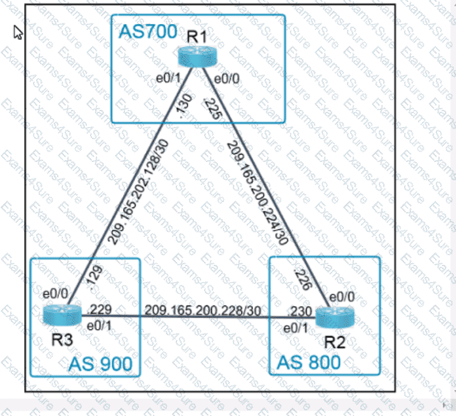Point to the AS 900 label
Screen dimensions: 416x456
(x=101, y=363)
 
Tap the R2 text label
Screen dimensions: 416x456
(x=334, y=342)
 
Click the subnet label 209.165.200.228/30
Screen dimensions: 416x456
(x=202, y=310)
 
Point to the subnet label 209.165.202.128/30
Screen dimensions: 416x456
(x=138, y=191)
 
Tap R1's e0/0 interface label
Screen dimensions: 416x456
(x=227, y=78)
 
